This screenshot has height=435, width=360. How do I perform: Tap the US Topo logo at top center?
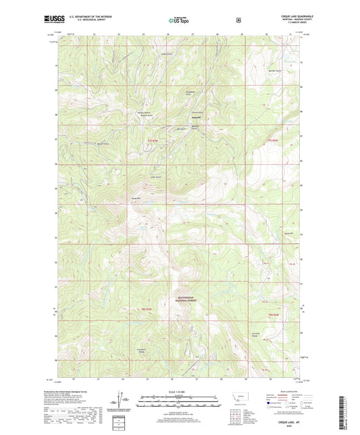click(178, 20)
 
